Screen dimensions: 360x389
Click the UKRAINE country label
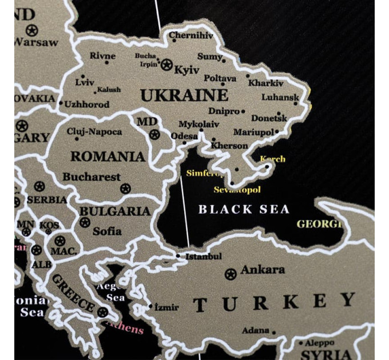[184, 95]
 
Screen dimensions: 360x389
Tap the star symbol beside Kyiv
[166, 65]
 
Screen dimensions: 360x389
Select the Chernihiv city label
[191, 36]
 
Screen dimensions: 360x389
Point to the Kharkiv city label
[266, 83]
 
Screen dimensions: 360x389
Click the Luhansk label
[280, 97]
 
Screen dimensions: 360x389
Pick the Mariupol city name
[253, 132]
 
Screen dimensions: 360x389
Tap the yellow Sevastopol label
[237, 189]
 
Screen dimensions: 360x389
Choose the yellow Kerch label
[272, 159]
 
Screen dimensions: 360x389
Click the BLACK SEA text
[244, 209]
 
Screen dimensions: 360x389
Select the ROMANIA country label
[108, 156]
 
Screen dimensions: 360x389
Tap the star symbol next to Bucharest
[126, 188]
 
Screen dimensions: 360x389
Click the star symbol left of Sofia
[85, 222]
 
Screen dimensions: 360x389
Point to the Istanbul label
[203, 257]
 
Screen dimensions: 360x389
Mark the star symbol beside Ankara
[231, 274]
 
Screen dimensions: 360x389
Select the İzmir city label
[166, 307]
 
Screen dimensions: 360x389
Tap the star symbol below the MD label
[154, 135]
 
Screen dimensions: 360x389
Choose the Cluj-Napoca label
[94, 132]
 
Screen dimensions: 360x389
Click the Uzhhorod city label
[87, 105]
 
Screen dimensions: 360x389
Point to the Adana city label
[255, 330]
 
